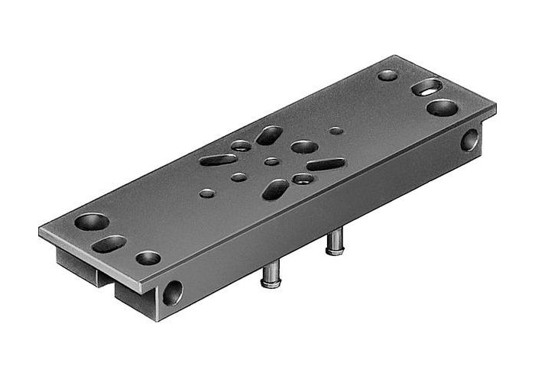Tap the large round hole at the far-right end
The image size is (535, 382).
[441, 107]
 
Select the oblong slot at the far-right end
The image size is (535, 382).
[426, 87]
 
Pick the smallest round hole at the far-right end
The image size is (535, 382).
[387, 75]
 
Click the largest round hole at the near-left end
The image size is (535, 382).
[92, 222]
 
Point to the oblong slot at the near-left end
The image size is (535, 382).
[109, 244]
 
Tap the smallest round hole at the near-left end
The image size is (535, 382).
[148, 258]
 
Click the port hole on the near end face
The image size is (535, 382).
[173, 293]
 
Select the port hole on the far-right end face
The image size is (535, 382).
[469, 140]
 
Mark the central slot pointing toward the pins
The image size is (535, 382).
[275, 189]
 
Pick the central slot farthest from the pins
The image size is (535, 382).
[269, 135]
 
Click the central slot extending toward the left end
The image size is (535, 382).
[219, 160]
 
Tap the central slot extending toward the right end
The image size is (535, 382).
[326, 164]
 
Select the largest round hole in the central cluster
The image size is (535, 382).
[304, 146]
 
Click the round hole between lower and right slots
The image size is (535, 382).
[303, 179]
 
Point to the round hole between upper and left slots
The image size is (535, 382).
[242, 145]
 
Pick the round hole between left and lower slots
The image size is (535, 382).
[239, 177]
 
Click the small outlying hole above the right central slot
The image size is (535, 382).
[336, 131]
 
